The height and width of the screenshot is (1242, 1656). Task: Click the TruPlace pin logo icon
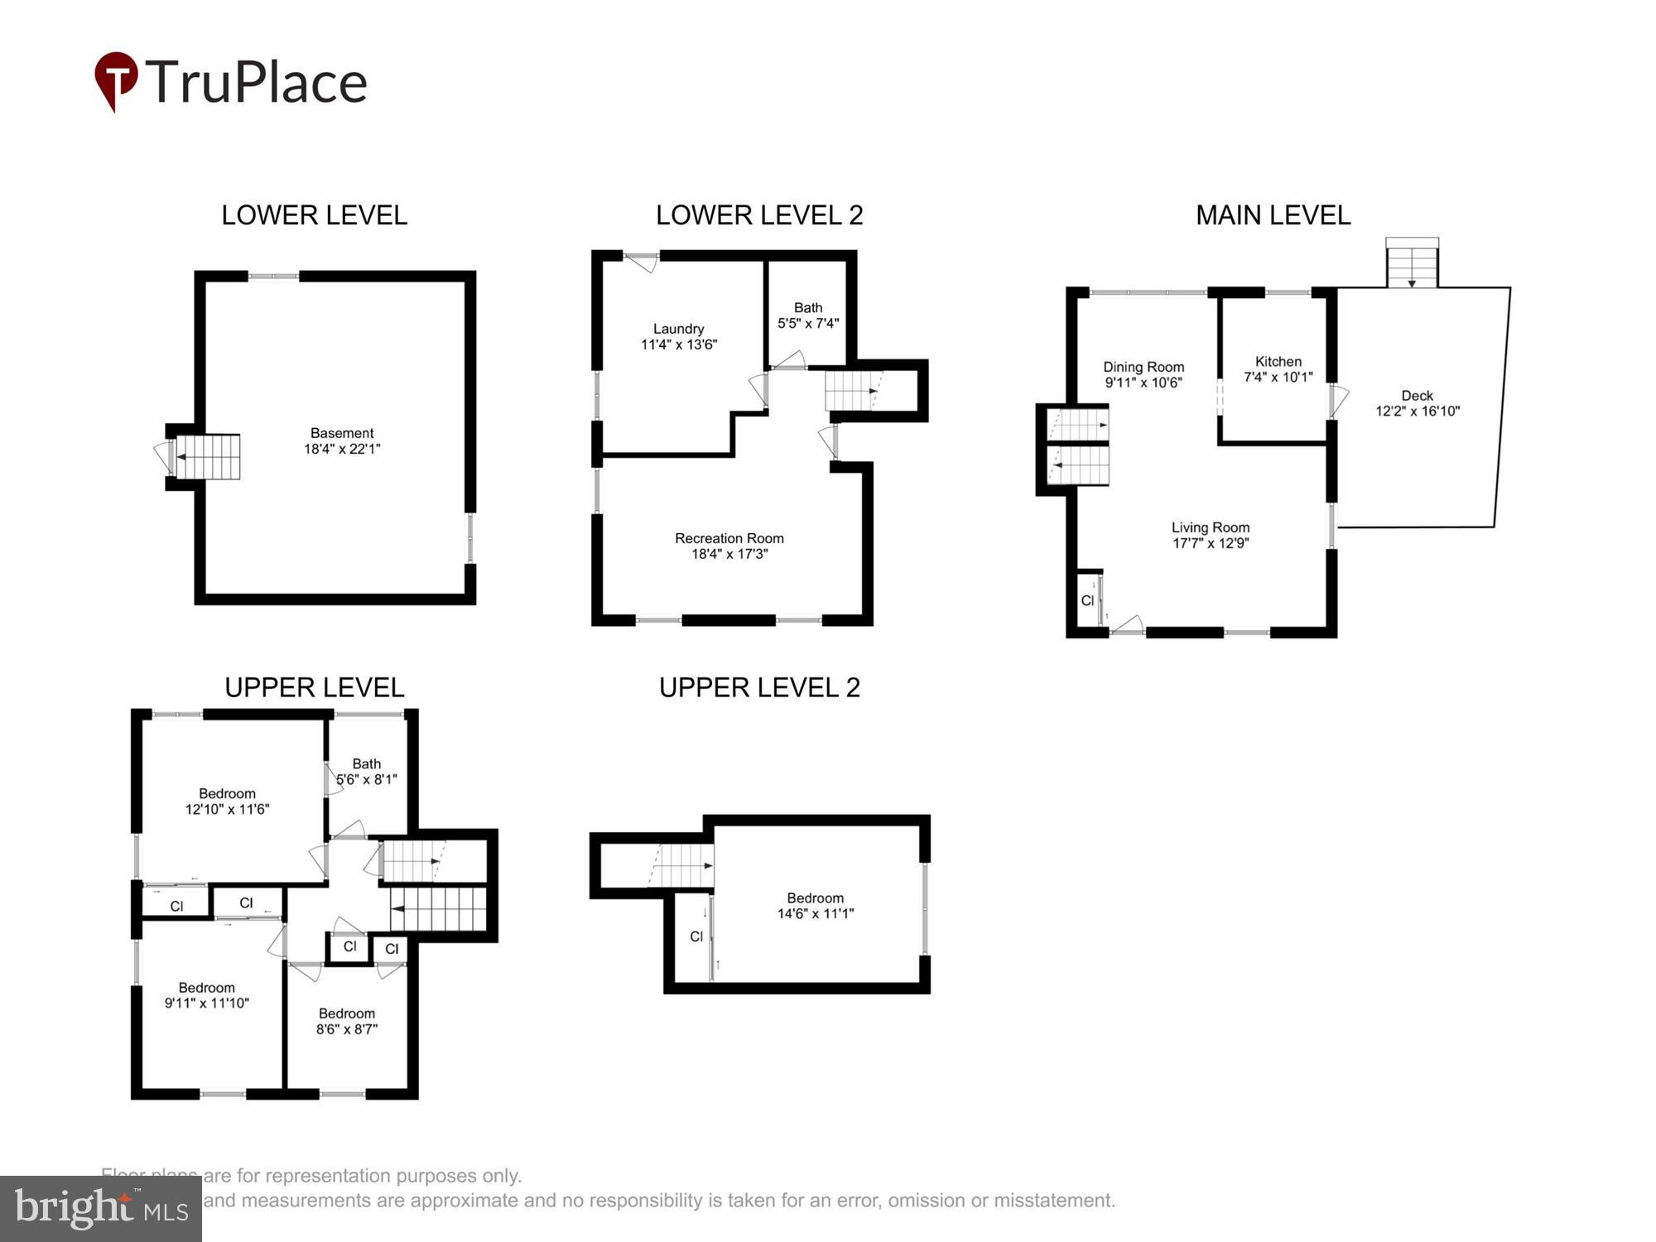click(x=116, y=79)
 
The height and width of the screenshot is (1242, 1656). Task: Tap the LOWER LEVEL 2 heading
click(x=759, y=215)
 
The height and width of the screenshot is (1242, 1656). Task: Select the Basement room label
click(x=342, y=433)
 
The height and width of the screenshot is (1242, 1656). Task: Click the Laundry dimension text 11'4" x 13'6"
click(x=678, y=344)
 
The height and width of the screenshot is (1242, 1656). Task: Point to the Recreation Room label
click(x=729, y=538)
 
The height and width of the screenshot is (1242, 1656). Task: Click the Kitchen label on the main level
click(x=1278, y=362)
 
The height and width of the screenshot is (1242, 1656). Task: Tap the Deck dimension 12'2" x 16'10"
click(x=1417, y=411)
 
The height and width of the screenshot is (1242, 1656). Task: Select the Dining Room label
click(x=1143, y=367)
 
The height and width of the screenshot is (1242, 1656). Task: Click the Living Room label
click(x=1210, y=527)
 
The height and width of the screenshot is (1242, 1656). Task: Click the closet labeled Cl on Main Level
click(x=1087, y=600)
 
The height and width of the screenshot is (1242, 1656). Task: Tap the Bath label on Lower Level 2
click(x=808, y=308)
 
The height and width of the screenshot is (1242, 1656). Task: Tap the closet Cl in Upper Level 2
click(x=696, y=936)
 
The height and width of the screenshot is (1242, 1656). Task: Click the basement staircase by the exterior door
click(x=209, y=457)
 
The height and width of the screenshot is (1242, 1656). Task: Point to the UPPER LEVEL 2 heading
click(x=759, y=687)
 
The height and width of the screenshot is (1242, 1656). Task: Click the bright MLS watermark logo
click(x=100, y=1209)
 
